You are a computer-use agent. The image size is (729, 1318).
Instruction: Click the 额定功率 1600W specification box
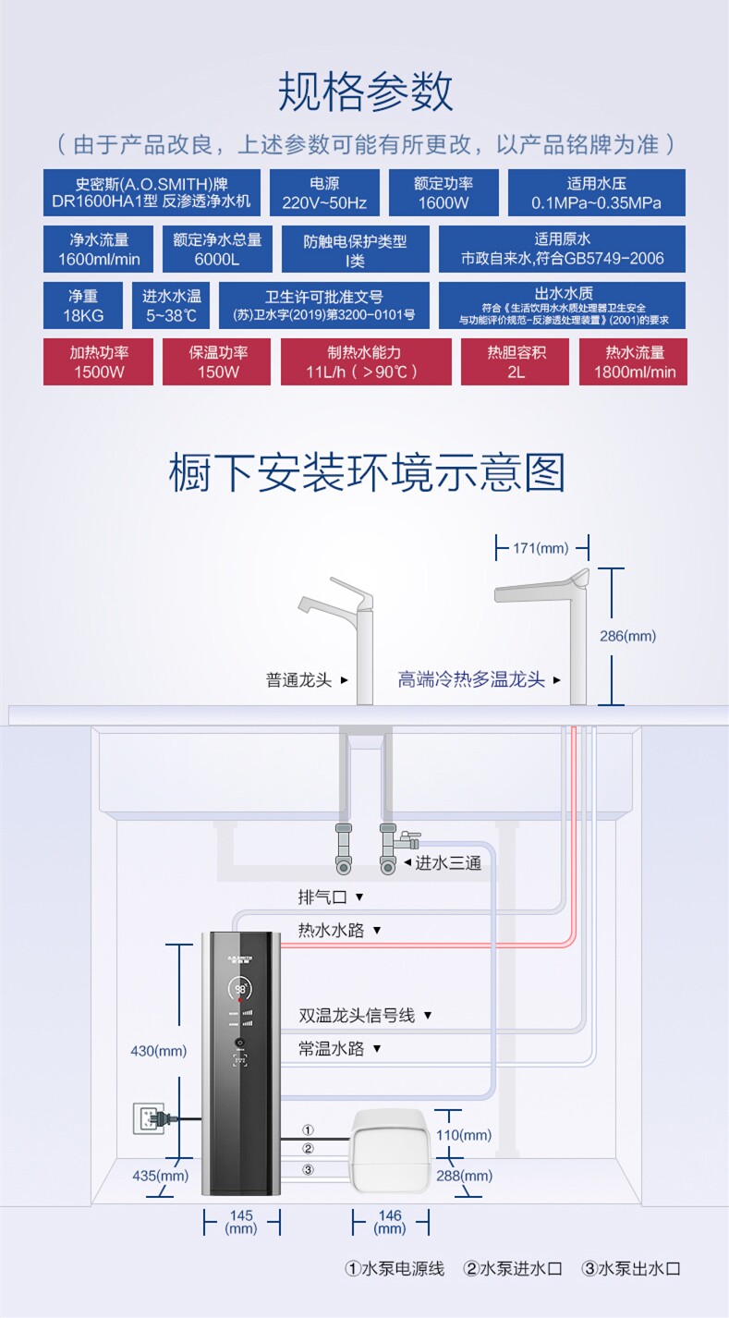click(443, 192)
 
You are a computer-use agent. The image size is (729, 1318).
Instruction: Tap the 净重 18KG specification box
click(83, 305)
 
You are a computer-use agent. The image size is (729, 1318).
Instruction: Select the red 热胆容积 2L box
click(515, 362)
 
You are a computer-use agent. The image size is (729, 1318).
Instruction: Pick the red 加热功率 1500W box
click(98, 362)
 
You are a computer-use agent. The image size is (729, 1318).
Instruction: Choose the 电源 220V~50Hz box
click(324, 192)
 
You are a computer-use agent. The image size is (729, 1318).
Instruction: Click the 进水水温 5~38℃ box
click(171, 305)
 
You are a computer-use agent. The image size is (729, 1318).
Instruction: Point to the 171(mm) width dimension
click(541, 548)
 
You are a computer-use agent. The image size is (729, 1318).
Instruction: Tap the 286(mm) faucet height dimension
click(627, 636)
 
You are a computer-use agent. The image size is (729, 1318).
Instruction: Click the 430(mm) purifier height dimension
click(159, 1051)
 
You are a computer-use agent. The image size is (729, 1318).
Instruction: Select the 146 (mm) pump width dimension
click(390, 1222)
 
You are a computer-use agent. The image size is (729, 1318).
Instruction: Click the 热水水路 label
click(332, 930)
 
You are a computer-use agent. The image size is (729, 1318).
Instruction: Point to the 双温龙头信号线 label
click(358, 1016)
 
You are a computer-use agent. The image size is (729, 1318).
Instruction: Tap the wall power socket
click(147, 1118)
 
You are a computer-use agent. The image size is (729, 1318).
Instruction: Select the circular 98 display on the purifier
click(240, 990)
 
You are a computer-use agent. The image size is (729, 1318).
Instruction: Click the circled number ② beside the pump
click(308, 1149)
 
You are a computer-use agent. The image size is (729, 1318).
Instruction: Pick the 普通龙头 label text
click(298, 680)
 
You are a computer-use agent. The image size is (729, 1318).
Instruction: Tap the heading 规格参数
click(365, 92)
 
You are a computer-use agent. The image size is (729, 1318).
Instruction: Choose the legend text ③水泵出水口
click(631, 1269)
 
